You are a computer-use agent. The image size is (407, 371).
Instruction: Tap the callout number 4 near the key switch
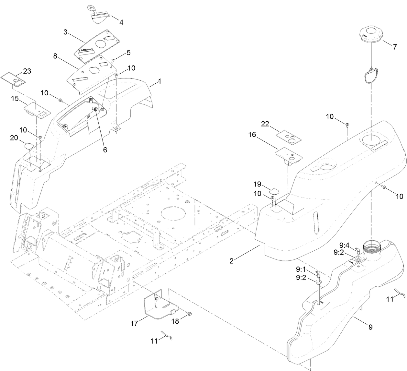(121, 22)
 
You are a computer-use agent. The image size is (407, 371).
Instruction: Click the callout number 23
(27, 71)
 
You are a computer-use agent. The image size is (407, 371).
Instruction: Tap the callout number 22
(265, 124)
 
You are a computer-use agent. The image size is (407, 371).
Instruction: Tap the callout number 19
(257, 184)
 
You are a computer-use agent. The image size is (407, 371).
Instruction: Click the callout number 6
(105, 150)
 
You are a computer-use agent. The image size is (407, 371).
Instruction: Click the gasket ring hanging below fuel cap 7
(369, 76)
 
